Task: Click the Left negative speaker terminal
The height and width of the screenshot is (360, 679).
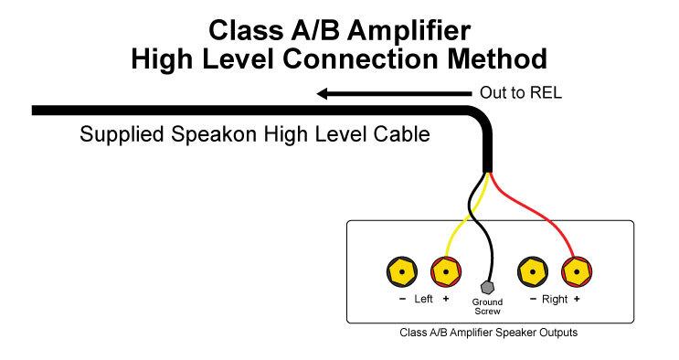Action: [401, 271]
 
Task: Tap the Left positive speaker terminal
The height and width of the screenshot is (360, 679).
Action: [445, 271]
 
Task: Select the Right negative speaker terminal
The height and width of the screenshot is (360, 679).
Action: [532, 271]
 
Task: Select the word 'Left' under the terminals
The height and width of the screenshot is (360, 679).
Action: [423, 299]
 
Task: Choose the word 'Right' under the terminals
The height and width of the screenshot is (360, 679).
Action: [553, 299]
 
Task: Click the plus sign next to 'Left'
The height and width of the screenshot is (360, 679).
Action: [446, 299]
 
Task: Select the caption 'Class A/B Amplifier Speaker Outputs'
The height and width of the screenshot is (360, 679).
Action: [489, 333]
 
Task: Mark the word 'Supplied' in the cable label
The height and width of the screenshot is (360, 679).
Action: [116, 135]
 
